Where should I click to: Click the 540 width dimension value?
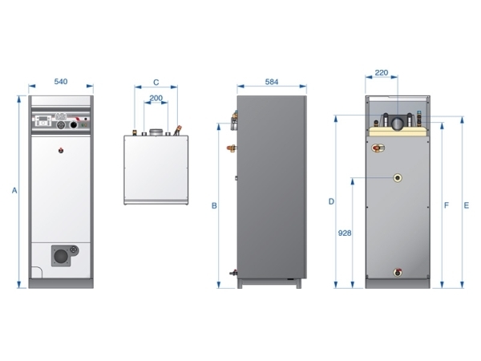coord(61,82)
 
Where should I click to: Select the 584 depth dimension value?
coord(272,82)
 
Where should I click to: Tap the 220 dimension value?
coord(382,73)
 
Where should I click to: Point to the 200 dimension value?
coord(156,98)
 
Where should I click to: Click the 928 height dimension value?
coord(345,233)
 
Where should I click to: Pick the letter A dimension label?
coord(14,191)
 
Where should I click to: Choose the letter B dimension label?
coord(214,205)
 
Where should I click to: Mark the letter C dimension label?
coord(156,83)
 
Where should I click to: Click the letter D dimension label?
coord(331,201)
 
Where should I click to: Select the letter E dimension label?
coord(467,205)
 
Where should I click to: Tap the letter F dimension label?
coord(447,205)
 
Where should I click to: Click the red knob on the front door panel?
coord(61,151)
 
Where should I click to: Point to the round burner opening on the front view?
coord(61,256)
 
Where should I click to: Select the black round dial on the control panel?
coord(74,124)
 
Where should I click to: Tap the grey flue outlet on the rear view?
coord(398,124)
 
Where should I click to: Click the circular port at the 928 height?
coord(398,178)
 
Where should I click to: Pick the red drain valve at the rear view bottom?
coord(398,272)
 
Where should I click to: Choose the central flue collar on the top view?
coord(156,132)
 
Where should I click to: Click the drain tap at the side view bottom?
coord(234,272)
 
